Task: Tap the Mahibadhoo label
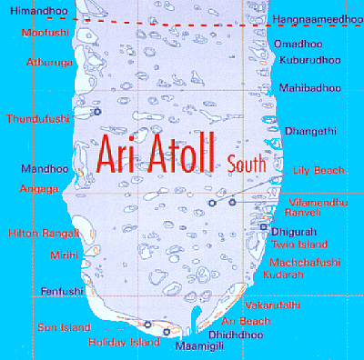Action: pyautogui.click(x=310, y=88)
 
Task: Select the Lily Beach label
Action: pyautogui.click(x=315, y=170)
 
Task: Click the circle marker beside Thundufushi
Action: pyautogui.click(x=97, y=112)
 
